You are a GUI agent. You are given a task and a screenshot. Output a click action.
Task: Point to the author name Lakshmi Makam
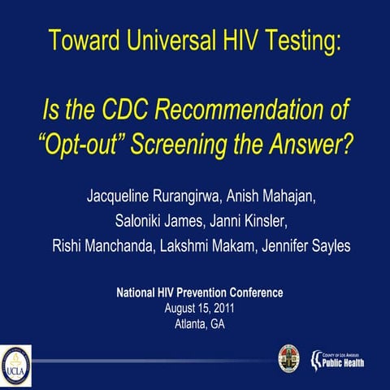click(x=209, y=245)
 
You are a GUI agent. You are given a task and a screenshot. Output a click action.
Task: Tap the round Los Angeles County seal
click(x=288, y=356)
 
